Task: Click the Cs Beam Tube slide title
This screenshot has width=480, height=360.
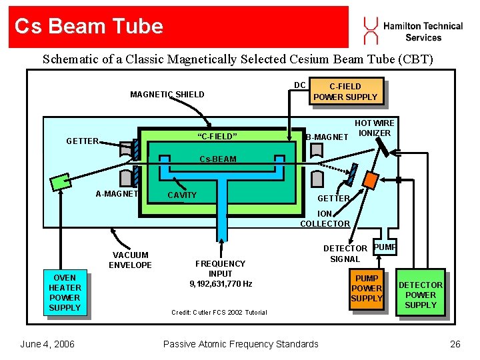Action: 89,26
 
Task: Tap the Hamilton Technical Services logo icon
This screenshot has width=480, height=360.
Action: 369,30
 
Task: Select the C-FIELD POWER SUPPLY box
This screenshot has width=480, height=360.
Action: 345,91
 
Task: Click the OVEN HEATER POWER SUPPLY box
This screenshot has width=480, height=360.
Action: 65,293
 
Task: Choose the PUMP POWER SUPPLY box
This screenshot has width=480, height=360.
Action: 367,288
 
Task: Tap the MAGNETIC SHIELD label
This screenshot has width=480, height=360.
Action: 167,95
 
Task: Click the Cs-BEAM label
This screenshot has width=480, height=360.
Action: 219,159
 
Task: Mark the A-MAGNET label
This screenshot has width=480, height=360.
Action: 117,195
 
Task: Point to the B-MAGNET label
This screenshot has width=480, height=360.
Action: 327,137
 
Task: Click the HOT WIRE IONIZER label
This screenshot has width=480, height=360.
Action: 375,128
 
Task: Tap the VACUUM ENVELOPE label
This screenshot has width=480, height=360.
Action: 131,260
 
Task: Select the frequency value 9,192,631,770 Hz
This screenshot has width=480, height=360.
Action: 221,283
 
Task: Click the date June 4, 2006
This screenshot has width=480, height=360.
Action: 47,344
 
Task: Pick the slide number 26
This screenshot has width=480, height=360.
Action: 455,344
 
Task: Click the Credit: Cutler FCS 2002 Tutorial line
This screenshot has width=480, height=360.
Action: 219,312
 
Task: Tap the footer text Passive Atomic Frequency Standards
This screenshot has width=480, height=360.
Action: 241,344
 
